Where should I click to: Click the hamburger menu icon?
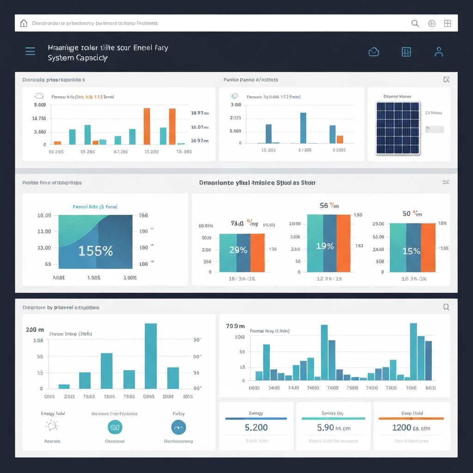point(30,51)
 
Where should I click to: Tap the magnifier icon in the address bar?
point(415,24)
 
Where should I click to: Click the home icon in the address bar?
point(24,23)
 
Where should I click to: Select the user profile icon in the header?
point(439,52)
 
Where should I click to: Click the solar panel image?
point(398,127)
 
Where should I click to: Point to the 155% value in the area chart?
point(96,251)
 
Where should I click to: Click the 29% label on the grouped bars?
point(238,250)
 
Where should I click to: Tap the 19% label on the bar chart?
point(325,246)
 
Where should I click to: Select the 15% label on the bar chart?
point(411,251)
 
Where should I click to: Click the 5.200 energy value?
point(256,428)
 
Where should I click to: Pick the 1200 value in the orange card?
point(401,428)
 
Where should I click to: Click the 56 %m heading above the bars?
point(329,206)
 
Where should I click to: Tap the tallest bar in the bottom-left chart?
point(151,356)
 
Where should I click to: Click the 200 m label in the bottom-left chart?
point(35,330)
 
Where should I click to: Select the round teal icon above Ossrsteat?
point(115,428)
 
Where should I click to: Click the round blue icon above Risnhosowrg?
point(178,428)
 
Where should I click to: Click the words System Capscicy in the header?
point(78,58)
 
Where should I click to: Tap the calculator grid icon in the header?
point(406,52)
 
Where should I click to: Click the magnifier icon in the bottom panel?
point(446,307)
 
